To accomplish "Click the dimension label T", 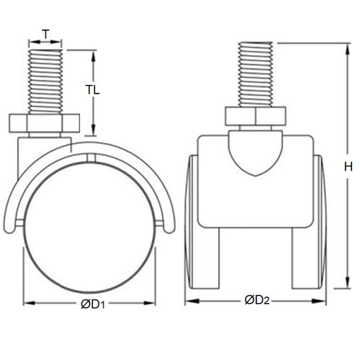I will [46, 35].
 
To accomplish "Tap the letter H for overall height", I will [347, 167].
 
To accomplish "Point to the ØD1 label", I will [93, 304].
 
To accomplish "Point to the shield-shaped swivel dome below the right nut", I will [255, 151].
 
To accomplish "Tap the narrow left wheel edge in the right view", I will [189, 223].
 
